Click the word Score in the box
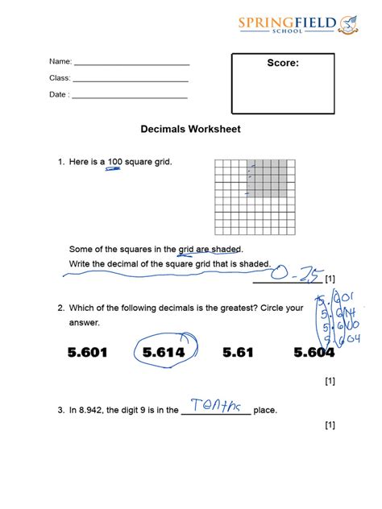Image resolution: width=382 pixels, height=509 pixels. point(283,64)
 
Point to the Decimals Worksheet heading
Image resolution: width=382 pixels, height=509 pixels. point(190,129)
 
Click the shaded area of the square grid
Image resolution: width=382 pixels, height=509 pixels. point(267,177)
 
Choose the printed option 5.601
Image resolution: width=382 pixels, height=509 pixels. point(88,352)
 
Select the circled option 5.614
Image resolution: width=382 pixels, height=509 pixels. point(164,352)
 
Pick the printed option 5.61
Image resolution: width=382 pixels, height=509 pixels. point(238,352)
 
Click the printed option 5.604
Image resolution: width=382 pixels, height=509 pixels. point(314,352)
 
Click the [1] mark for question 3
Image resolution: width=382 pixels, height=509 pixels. point(329,424)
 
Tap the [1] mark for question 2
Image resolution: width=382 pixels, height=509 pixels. point(329,381)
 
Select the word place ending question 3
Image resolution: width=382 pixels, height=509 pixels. point(265,411)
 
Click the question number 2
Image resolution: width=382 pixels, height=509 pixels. point(60,308)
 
